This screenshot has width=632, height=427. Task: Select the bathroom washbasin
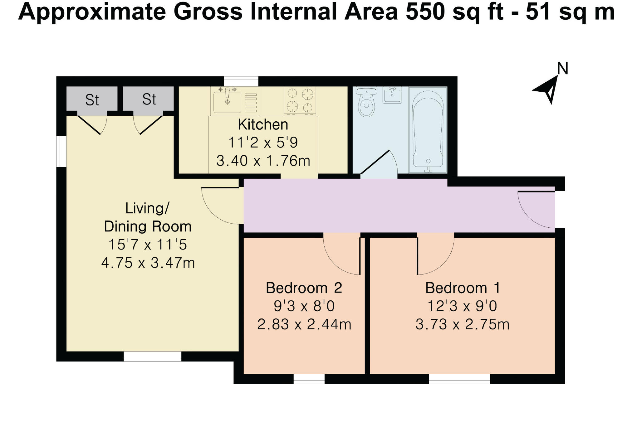point(392,95)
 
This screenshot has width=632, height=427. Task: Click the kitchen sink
point(228,101)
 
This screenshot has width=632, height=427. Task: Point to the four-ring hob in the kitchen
point(300,100)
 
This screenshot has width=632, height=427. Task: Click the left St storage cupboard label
point(92,100)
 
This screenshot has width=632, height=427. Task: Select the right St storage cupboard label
point(149,99)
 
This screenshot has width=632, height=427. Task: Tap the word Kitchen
point(263,125)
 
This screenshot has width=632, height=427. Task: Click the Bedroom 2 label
point(304,288)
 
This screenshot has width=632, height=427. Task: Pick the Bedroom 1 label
point(463,288)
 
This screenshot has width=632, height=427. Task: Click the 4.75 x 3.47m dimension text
point(148,263)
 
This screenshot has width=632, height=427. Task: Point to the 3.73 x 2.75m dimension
point(462,325)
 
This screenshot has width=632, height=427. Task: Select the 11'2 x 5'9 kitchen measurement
point(263,143)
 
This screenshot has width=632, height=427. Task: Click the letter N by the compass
point(562,68)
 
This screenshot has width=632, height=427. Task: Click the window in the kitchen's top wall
point(241,81)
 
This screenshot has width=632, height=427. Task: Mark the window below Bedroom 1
point(459,379)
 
